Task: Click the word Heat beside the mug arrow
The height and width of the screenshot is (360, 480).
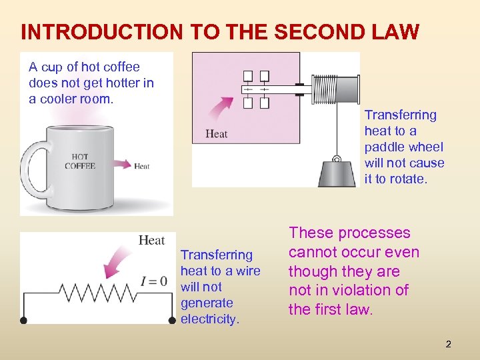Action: tap(141, 166)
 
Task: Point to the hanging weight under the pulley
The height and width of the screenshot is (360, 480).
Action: tap(337, 173)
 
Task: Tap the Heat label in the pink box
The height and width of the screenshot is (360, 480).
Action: tap(217, 134)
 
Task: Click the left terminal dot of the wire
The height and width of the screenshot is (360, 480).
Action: tap(23, 321)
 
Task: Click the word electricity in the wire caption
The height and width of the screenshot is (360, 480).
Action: tap(209, 319)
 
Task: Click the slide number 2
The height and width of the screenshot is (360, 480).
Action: tap(448, 344)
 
